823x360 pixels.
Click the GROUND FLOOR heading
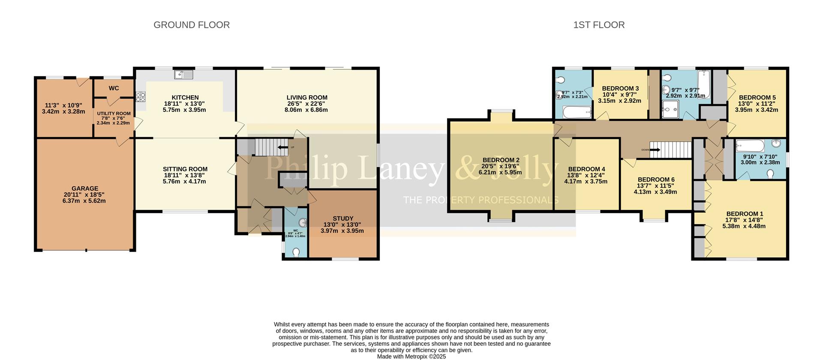(192, 25)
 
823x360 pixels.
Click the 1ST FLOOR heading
(599, 25)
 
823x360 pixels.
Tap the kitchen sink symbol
(184, 75)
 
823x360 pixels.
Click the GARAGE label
(85, 189)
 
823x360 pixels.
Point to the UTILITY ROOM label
(114, 114)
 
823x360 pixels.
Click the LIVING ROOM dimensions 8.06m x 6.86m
(307, 110)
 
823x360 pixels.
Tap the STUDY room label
(343, 219)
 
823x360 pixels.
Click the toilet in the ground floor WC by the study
(296, 252)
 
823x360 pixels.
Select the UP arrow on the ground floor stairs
(283, 147)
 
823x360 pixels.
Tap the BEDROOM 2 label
(500, 160)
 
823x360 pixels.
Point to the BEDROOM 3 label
(620, 89)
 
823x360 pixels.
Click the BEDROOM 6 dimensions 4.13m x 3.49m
(655, 192)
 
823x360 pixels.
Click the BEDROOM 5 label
(757, 97)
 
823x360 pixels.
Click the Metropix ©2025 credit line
(411, 357)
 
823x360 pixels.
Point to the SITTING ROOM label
(185, 169)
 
